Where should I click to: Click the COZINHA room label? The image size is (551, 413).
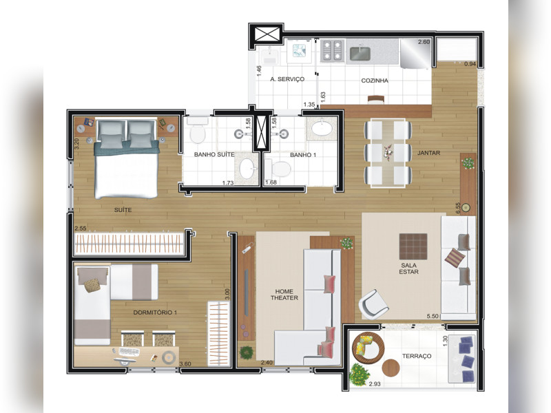pyautogui.click(x=375, y=81)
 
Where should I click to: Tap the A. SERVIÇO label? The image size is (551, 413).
pyautogui.click(x=287, y=80)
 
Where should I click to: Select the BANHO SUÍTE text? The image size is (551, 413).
pyautogui.click(x=214, y=155)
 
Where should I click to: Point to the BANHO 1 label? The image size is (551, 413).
pyautogui.click(x=303, y=155)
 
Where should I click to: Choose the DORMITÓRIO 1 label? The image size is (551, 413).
pyautogui.click(x=155, y=313)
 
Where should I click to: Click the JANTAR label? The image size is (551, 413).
pyautogui.click(x=428, y=152)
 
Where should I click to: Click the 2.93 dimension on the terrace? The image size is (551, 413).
pyautogui.click(x=375, y=383)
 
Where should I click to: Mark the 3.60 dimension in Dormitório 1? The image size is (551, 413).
pyautogui.click(x=185, y=363)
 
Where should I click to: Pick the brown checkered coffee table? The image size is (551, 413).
pyautogui.click(x=413, y=245)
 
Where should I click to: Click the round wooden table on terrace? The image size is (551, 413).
pyautogui.click(x=391, y=368)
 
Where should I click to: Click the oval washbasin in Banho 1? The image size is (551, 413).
pyautogui.click(x=321, y=129)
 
